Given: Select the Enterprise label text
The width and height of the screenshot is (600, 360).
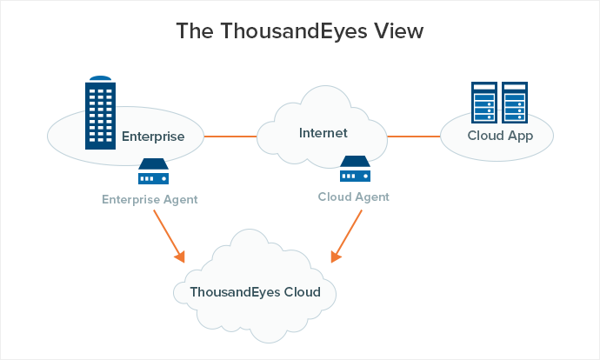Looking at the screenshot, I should [x=153, y=137].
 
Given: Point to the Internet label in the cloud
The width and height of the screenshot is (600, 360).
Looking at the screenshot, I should [x=323, y=133].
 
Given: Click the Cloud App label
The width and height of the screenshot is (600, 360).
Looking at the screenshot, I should [x=499, y=137].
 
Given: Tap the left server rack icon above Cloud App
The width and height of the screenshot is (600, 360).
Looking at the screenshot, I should [x=483, y=103].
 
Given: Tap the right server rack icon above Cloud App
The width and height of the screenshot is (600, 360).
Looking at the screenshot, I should [x=515, y=103].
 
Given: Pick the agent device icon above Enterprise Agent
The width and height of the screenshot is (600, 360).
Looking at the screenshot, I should [x=153, y=172].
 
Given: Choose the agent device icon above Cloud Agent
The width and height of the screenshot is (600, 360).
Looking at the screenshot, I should [x=356, y=170].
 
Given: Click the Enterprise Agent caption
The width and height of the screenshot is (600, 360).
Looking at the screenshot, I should [x=150, y=200].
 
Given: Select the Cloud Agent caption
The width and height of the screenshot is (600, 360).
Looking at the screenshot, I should [x=353, y=197].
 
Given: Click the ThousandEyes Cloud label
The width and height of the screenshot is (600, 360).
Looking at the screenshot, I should [x=256, y=292].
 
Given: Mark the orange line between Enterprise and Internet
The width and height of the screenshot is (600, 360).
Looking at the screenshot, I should [x=230, y=136].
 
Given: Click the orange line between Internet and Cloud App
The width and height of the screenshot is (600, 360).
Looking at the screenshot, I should [x=413, y=136].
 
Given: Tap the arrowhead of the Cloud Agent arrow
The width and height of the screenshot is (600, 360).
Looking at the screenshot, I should [x=336, y=257].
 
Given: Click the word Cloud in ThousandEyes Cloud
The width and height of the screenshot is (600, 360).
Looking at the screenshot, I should [x=302, y=292].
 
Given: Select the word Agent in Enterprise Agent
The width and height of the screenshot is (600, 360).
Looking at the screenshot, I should [x=180, y=200].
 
